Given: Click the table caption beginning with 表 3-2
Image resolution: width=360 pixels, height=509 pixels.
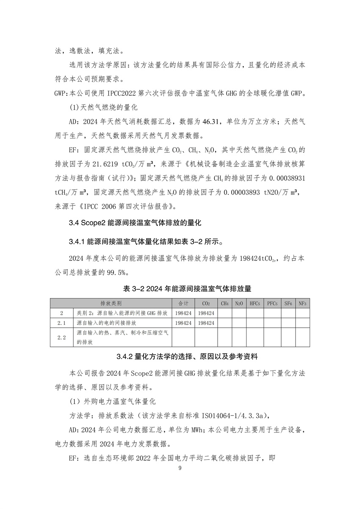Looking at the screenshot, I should pyautogui.click(x=180, y=289).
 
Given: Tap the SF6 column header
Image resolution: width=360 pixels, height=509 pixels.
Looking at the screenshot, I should pyautogui.click(x=288, y=304).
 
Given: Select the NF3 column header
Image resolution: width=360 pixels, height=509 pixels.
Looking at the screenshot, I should pyautogui.click(x=302, y=304).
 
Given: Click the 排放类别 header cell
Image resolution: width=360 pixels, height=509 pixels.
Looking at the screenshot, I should pyautogui.click(x=111, y=304).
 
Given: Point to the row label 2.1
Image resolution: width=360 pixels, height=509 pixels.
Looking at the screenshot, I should pyautogui.click(x=62, y=323).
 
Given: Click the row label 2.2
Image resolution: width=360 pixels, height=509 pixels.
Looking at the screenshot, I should pyautogui.click(x=62, y=337).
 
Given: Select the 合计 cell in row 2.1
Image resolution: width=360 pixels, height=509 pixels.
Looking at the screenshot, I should pyautogui.click(x=183, y=323).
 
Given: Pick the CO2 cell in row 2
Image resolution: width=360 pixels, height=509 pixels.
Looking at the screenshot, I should pyautogui.click(x=206, y=313).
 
